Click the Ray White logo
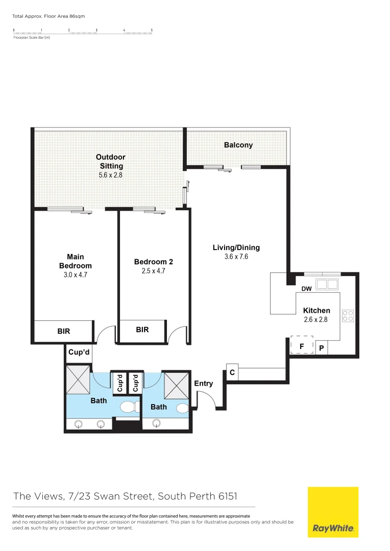coord(333,512)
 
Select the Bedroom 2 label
coord(154,262)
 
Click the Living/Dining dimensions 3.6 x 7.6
coord(236,257)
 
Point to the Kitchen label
coord(316,310)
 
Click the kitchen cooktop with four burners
coord(348,316)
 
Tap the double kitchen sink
coord(327,284)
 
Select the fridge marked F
coord(302,345)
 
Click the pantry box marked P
coord(322,348)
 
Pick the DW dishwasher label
coord(306,289)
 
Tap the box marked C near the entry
coord(232,373)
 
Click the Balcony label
coord(238,145)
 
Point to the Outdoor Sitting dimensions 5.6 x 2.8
coord(111,175)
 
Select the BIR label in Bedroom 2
coord(142,330)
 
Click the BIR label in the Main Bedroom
coord(64,331)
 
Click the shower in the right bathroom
coord(177,385)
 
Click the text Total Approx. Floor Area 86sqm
coord(48,16)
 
